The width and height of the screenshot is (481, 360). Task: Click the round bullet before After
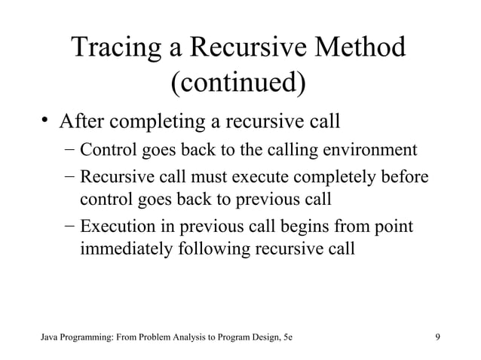tap(46, 121)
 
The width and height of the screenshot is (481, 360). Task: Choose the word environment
tap(369, 149)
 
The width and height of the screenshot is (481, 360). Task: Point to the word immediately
tap(128, 248)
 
